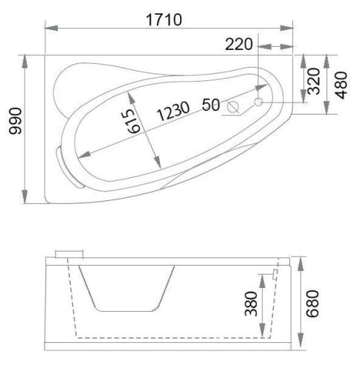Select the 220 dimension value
pos(239,45)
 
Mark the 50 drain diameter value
pos(210,105)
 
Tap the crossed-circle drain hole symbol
pos(234,106)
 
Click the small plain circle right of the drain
pos(259,101)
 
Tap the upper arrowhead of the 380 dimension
pos(261,275)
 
